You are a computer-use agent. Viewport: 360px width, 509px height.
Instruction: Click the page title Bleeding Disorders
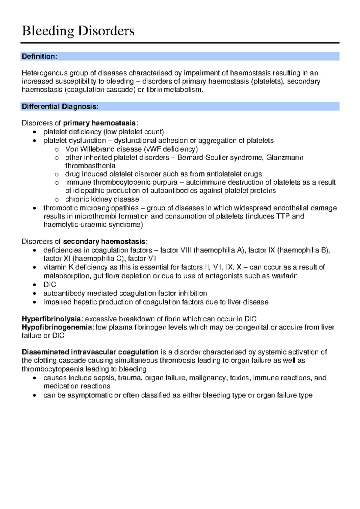(78, 31)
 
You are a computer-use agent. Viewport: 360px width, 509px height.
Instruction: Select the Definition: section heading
(39, 56)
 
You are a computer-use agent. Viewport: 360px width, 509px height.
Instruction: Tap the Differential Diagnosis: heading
(60, 106)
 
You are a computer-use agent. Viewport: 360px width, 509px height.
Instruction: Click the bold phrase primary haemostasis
(99, 123)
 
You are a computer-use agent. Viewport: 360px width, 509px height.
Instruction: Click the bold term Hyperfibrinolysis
(51, 319)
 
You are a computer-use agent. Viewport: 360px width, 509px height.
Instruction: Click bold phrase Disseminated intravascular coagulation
(90, 352)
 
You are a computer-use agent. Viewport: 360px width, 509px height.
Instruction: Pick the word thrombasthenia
(90, 166)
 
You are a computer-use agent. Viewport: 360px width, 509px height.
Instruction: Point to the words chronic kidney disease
(102, 199)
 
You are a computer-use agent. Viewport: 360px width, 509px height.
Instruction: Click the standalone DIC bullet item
(50, 285)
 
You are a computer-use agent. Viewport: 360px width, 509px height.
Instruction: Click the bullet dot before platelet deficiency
(35, 132)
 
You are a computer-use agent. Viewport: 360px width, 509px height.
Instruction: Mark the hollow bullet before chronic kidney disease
(56, 200)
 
